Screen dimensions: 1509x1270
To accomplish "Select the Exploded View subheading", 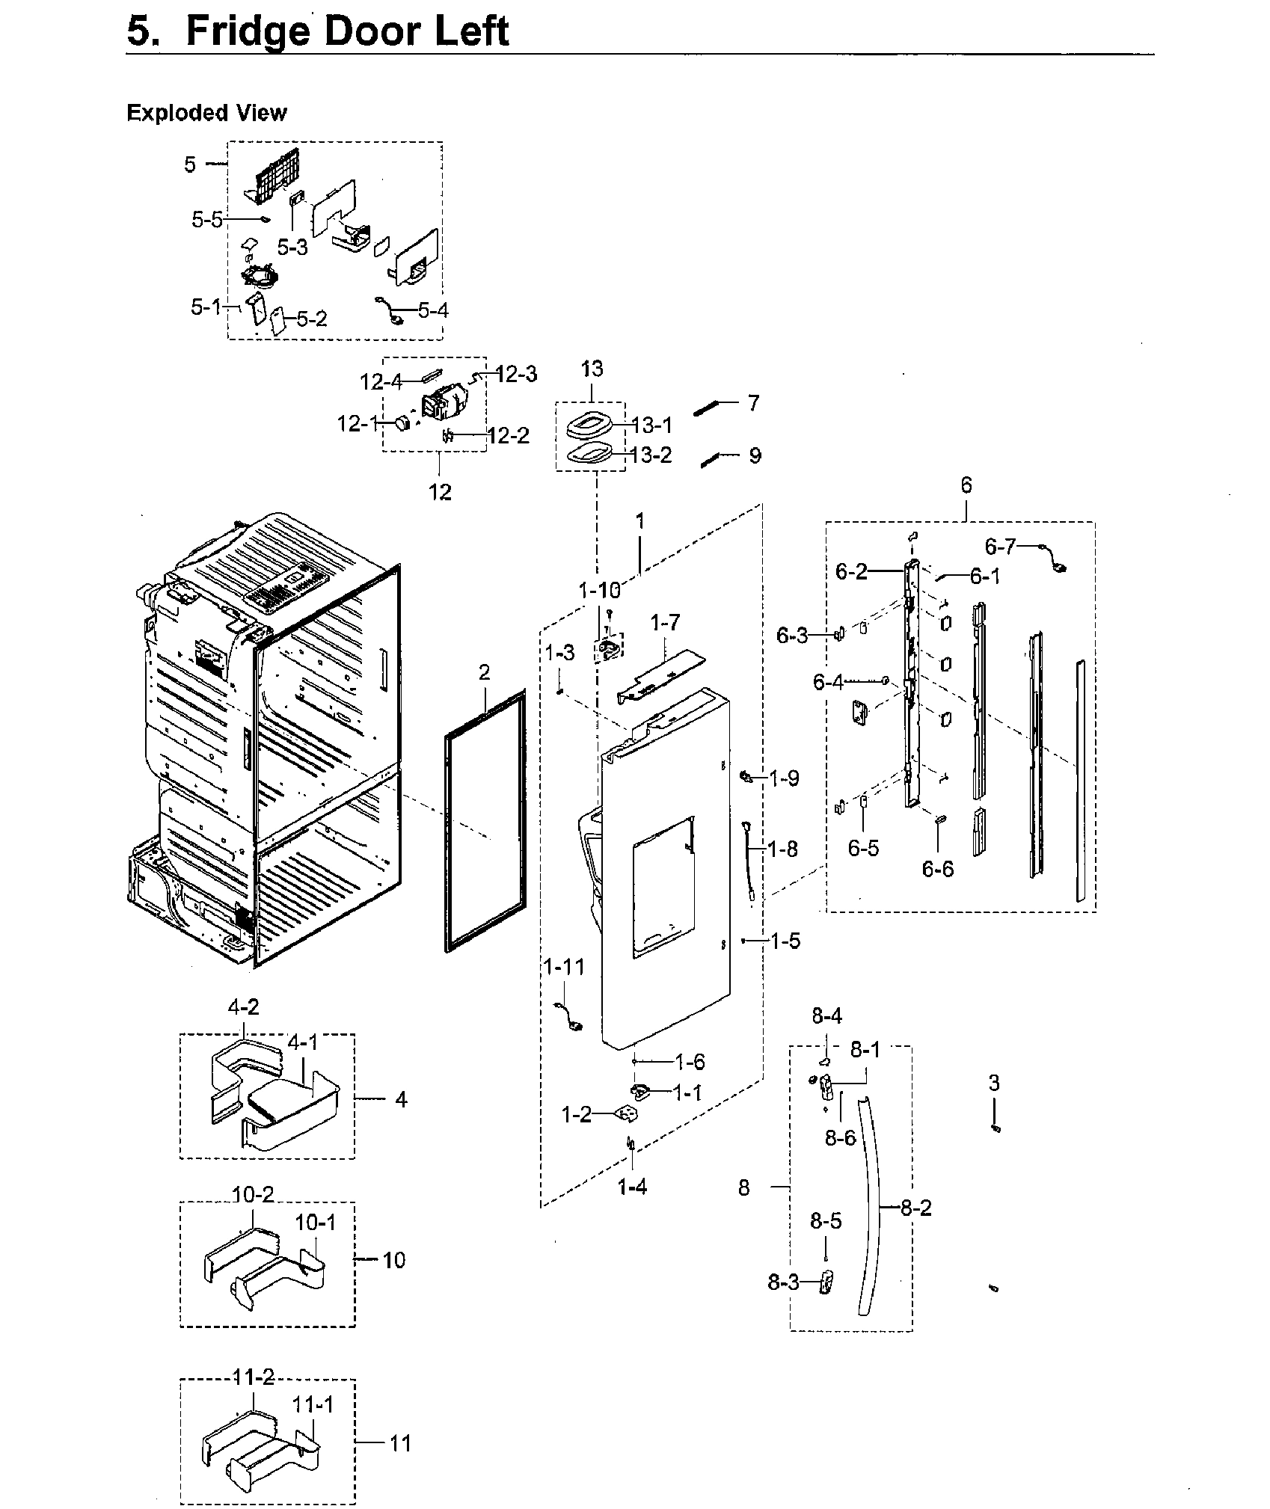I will [x=206, y=113].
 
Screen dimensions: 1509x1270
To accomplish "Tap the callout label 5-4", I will [x=433, y=310].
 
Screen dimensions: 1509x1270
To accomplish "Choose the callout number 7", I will [x=753, y=403].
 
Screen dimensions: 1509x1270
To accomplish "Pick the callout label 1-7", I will [x=665, y=622].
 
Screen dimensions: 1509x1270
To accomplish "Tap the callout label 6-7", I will [x=1000, y=547].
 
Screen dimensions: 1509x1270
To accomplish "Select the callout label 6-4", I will [x=828, y=682].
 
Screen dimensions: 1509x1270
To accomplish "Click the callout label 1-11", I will [x=564, y=968].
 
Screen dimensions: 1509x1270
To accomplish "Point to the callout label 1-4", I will [x=632, y=1187].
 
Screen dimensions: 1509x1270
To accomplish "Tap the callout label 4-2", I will [x=243, y=1007].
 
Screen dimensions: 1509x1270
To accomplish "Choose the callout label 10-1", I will [x=316, y=1223].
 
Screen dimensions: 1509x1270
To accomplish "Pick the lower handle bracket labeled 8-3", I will [x=826, y=1283].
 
